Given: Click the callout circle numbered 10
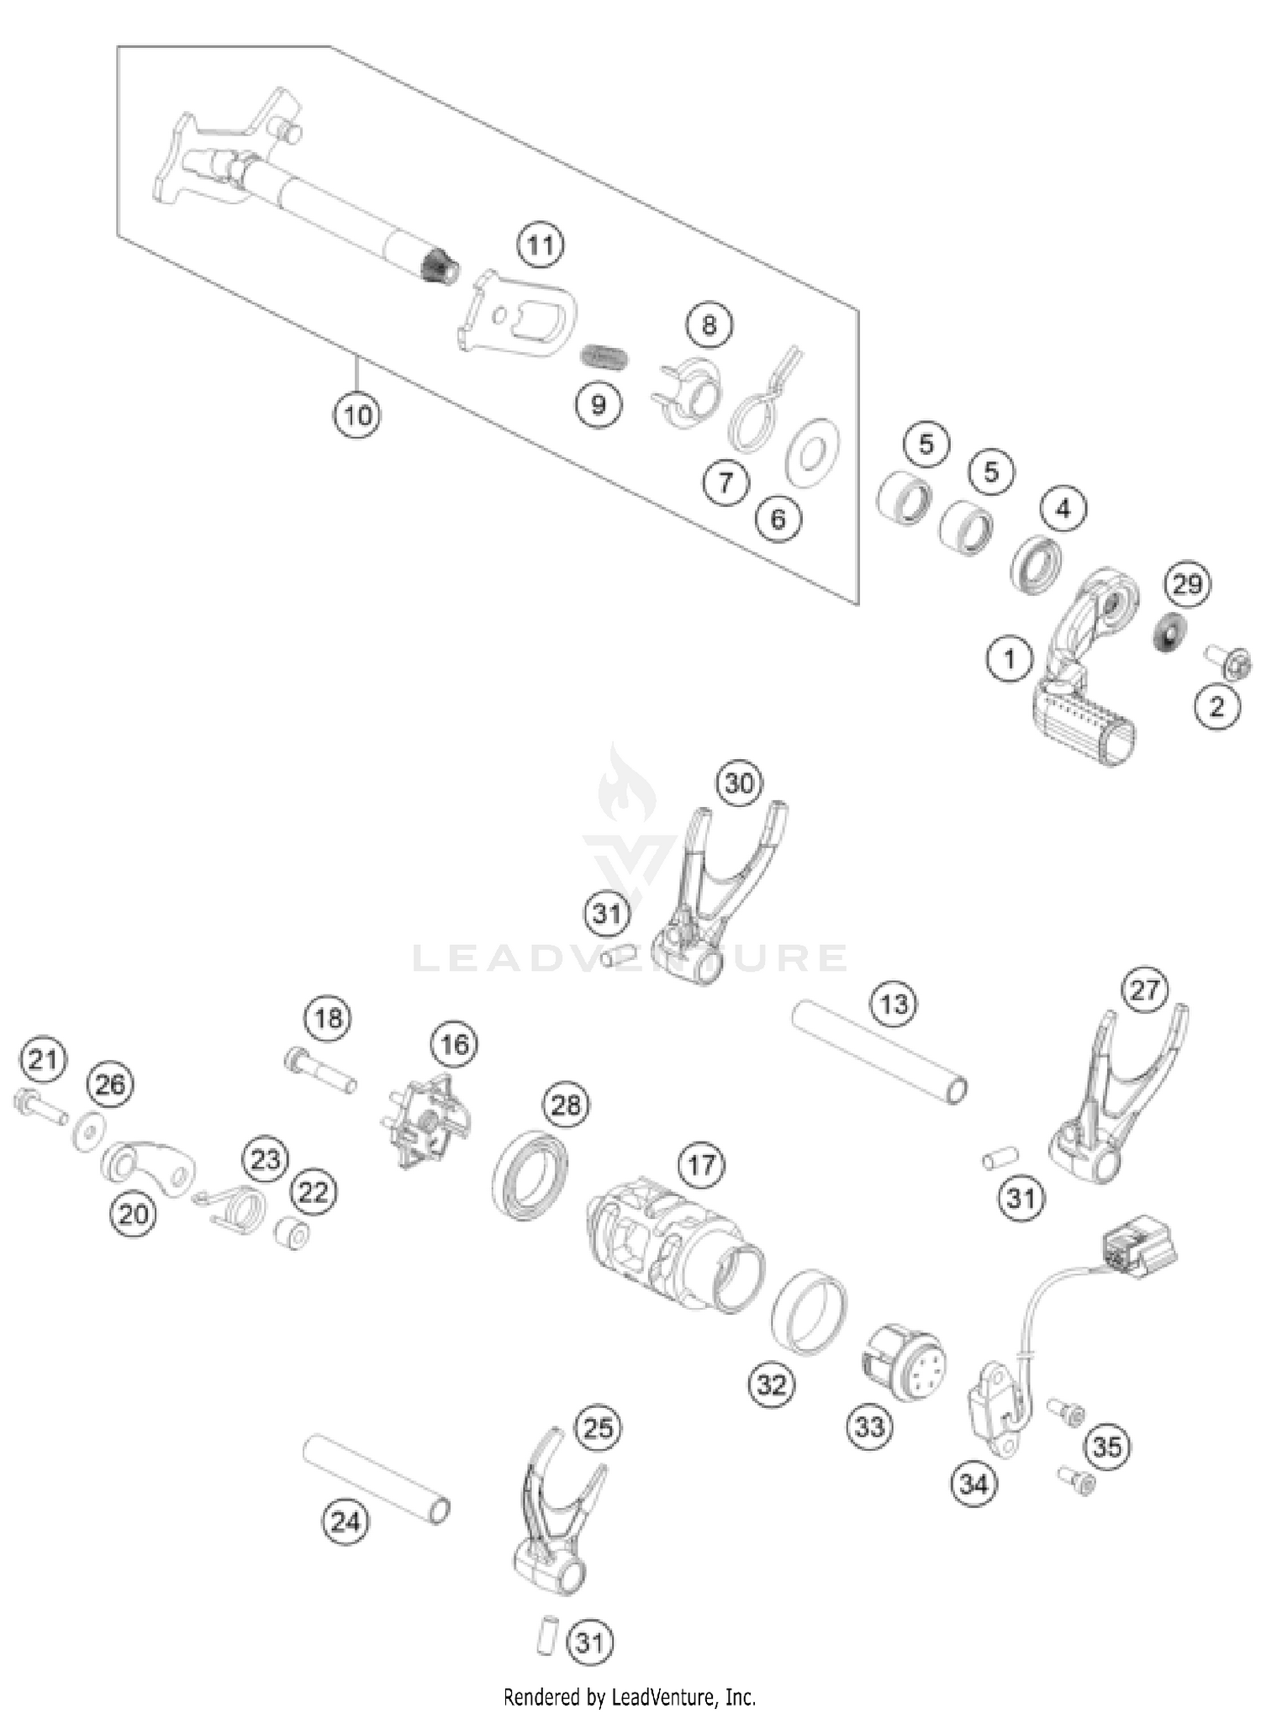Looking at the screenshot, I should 357,414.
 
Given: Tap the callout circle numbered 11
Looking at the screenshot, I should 541,245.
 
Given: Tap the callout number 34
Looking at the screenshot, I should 973,1485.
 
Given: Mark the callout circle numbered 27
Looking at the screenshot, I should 1144,990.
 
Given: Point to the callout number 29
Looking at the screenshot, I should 1187,583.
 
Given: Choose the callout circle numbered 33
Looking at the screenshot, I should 868,1426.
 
